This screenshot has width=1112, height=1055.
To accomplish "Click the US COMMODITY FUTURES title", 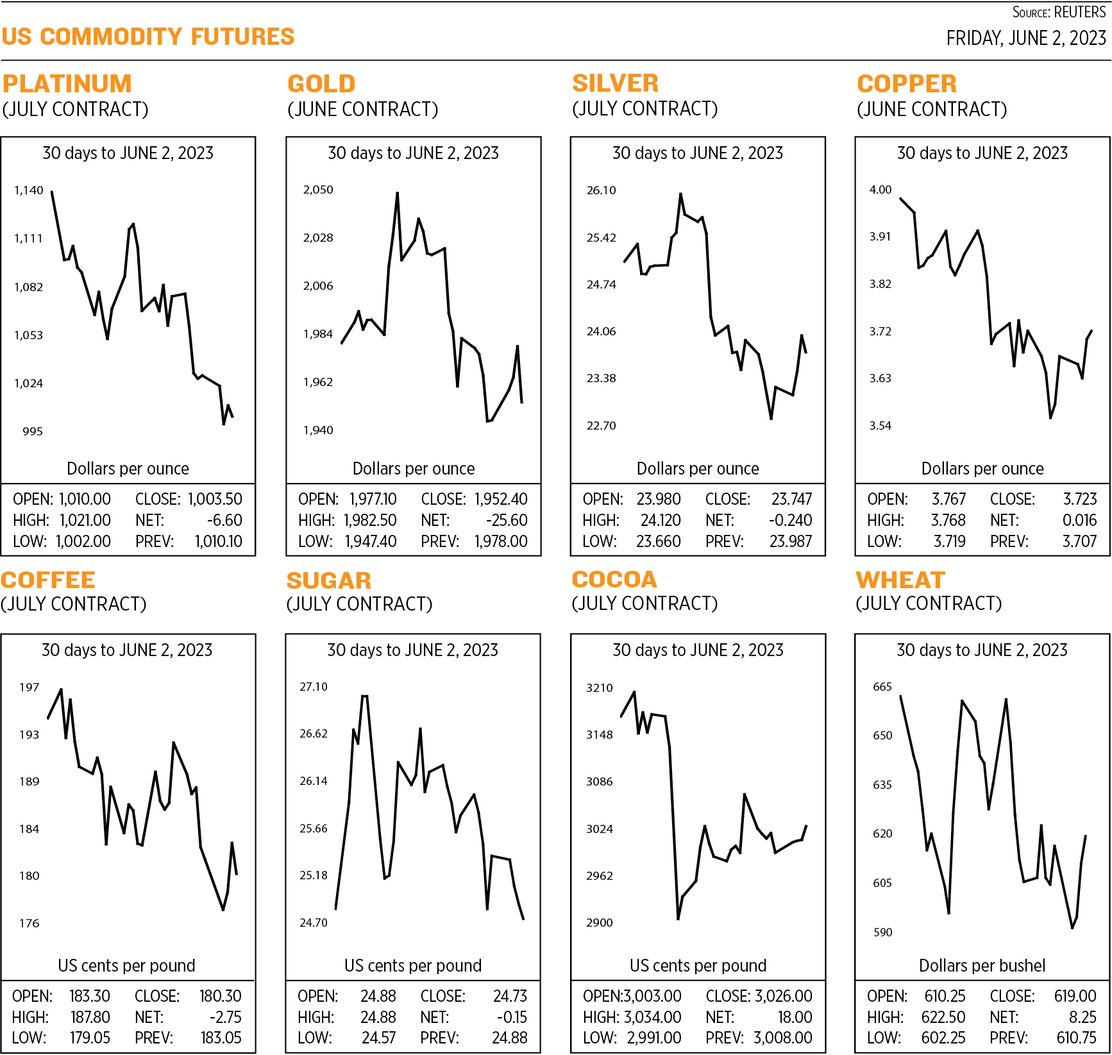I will (x=148, y=37).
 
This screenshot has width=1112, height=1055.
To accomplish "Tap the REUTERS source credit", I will (x=1080, y=12).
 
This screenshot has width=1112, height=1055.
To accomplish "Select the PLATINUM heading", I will (x=67, y=83).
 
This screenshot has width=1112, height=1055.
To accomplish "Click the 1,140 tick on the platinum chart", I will (x=29, y=190).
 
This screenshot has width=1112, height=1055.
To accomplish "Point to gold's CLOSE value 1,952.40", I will (x=501, y=499).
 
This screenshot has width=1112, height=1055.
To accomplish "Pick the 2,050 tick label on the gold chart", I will (x=318, y=190).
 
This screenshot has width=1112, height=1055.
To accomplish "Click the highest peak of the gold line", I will (x=398, y=193).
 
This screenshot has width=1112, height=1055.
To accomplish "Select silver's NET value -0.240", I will (x=790, y=520).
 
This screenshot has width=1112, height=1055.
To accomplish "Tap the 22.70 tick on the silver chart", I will (x=601, y=426).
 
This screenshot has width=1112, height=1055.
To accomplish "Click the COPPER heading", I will (x=907, y=83).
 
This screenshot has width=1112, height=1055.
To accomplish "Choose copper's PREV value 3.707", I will (x=1079, y=541).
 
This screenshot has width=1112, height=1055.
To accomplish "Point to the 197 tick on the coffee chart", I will (x=29, y=688).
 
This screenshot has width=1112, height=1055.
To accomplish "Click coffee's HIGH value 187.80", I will (x=90, y=1017).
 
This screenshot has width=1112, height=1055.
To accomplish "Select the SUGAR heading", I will (x=329, y=580).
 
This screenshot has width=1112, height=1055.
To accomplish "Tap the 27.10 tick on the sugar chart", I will (x=314, y=687).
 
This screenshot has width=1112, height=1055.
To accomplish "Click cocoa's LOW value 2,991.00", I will (x=654, y=1038).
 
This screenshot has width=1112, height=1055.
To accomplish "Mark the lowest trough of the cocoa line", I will (x=678, y=919).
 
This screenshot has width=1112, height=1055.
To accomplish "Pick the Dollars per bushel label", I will (x=982, y=965).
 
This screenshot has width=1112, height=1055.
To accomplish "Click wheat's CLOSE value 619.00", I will (x=1075, y=996).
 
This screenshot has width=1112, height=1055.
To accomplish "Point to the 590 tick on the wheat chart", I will (x=882, y=933).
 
